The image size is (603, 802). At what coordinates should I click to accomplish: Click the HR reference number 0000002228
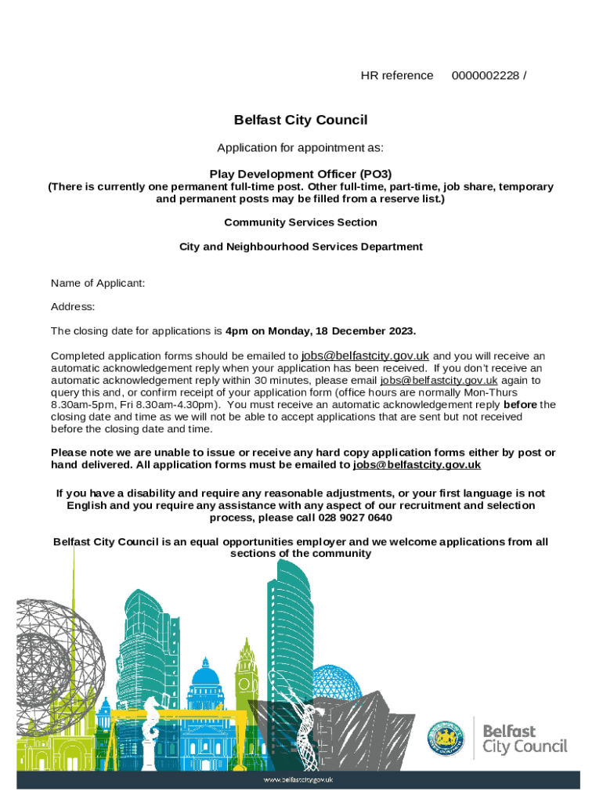coord(485,75)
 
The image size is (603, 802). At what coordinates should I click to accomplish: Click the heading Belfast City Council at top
coord(301,120)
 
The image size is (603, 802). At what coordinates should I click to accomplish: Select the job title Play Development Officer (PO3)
coord(301,174)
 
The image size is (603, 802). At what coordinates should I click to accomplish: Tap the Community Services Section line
coord(301,222)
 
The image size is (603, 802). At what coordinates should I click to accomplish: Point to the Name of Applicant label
coord(98,283)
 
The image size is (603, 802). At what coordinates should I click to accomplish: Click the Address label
coord(73,307)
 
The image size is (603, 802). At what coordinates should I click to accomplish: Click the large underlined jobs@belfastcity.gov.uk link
coord(365,354)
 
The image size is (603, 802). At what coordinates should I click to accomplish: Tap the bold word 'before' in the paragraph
coord(519,405)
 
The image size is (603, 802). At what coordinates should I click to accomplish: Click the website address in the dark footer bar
coord(298,780)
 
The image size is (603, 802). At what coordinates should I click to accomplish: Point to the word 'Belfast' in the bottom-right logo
coord(509,730)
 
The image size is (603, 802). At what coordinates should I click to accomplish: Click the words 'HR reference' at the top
coord(396,75)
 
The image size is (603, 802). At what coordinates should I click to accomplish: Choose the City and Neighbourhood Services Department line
coord(301,247)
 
